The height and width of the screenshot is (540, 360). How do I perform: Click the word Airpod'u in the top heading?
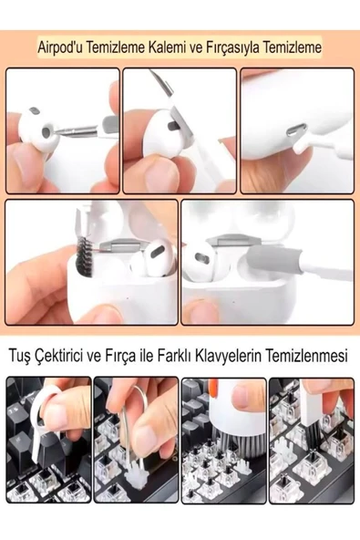(x=60, y=47)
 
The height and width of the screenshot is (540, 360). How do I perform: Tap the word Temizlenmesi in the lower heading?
(x=306, y=356)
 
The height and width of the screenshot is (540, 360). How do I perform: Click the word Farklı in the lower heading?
(x=174, y=356)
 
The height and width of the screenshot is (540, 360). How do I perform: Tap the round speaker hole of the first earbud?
(x=46, y=131)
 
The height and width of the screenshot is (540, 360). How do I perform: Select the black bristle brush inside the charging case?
(x=85, y=257)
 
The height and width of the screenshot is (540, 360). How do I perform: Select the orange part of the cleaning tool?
(x=213, y=387)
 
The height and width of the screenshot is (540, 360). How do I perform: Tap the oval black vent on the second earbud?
(x=174, y=126)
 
